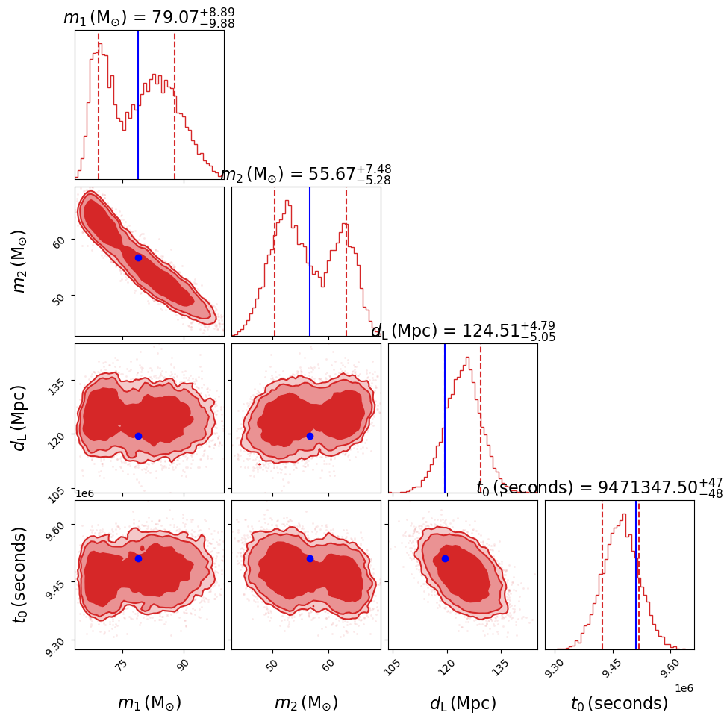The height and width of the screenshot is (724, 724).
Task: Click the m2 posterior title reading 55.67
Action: [306, 175]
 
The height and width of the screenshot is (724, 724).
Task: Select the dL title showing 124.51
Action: [463, 331]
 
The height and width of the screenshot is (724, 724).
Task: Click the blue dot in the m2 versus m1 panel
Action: [138, 258]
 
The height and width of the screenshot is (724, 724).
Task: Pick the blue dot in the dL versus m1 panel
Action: [138, 436]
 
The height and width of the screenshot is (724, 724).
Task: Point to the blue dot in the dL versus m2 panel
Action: [310, 436]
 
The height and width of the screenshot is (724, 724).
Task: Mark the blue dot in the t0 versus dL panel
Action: [445, 558]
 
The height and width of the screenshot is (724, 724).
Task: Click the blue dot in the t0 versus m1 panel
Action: [138, 558]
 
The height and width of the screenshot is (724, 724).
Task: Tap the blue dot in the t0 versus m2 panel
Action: [310, 558]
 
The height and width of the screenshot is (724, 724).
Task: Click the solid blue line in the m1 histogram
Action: [138, 104]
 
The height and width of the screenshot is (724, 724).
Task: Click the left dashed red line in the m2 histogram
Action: [275, 261]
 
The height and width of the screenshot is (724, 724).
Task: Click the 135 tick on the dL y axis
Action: [60, 381]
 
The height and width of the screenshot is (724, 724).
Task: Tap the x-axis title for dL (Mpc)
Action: [463, 703]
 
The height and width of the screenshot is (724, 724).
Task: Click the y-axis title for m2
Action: [21, 260]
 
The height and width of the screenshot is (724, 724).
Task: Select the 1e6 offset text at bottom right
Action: [683, 688]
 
